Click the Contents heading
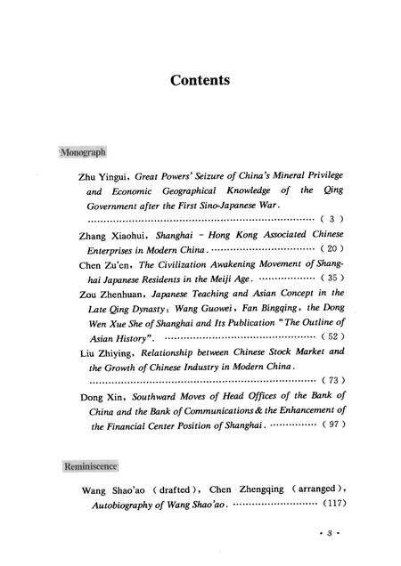pyautogui.click(x=200, y=80)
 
